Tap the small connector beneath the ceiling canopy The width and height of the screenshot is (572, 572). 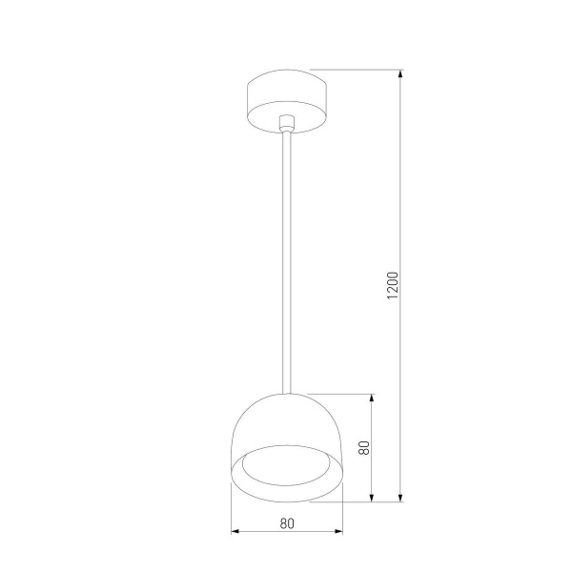coord(286,122)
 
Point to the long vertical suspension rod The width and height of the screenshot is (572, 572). coord(286,257)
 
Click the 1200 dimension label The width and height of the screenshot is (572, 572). coord(392,286)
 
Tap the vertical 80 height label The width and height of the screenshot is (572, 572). coord(363,447)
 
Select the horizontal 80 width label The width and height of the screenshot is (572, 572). coord(287,522)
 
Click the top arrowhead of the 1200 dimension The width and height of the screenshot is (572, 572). coord(400,72)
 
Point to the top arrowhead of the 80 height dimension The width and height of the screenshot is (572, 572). coord(371,398)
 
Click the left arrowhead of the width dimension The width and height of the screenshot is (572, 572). coord(235,531)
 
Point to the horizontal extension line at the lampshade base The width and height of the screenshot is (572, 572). coord(367,501)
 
